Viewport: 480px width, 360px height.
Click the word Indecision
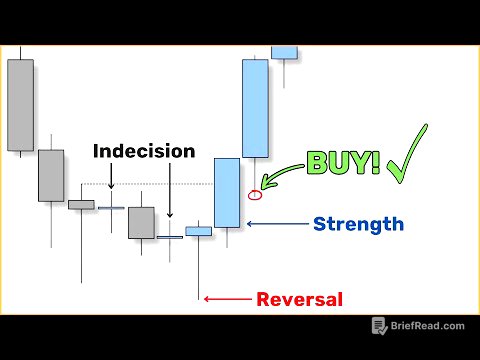(144, 151)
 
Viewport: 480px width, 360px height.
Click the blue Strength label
(358, 224)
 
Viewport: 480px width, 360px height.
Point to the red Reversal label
(299, 299)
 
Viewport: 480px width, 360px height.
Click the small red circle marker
(254, 194)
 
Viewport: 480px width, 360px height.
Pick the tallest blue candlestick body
(255, 108)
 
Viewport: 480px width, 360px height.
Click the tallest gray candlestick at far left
(20, 105)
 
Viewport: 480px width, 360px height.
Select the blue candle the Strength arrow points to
(227, 193)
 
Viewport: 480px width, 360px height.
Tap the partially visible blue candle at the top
(284, 52)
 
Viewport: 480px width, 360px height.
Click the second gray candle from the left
(51, 175)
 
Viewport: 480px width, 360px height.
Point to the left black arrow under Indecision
(111, 176)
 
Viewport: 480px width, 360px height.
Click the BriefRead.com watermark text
(430, 326)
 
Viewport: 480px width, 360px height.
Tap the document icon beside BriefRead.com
(380, 326)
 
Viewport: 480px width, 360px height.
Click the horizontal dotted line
(150, 185)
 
